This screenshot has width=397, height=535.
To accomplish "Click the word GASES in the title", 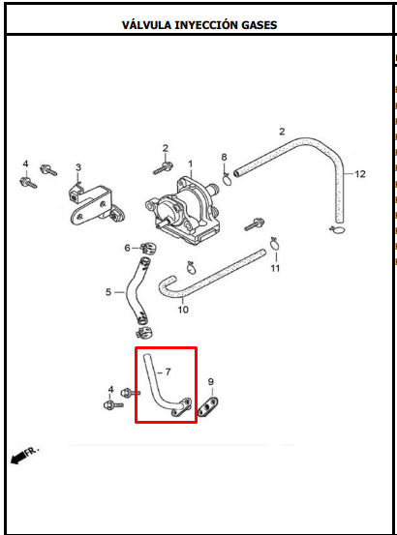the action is point(260,25).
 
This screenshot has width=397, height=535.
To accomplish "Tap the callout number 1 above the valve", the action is point(191,164).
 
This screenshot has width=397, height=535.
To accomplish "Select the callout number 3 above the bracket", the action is point(78,167).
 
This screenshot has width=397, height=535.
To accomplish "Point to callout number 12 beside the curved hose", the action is point(360,174).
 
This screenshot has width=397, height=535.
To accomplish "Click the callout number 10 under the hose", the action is point(183,310).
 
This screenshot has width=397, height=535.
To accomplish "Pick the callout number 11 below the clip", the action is point(275,268).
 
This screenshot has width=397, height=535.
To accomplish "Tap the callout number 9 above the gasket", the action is point(211,381).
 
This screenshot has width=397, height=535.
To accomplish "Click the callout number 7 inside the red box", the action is point(168,372).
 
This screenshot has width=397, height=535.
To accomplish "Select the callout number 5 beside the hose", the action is point(108,292).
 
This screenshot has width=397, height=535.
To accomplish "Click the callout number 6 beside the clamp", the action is point(127,248).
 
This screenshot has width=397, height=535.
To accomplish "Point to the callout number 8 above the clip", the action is point(224,158).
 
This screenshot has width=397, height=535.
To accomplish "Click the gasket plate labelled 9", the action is point(208,407).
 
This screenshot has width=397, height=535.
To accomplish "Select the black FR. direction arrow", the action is point(18,458).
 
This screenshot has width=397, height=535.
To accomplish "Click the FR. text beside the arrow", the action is point(32,451).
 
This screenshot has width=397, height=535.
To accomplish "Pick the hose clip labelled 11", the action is point(275,243).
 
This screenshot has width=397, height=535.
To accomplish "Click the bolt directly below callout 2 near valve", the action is point(163,168).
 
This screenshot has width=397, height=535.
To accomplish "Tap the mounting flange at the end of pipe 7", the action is point(181,407).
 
